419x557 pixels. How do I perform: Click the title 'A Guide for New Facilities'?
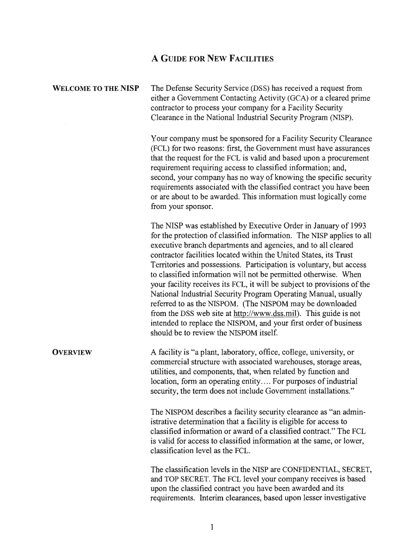tap(212, 58)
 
